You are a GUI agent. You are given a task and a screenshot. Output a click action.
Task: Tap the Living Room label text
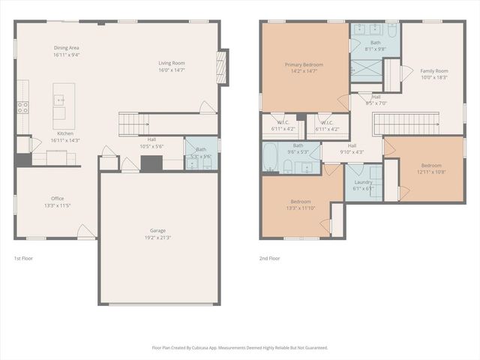pos(171,63)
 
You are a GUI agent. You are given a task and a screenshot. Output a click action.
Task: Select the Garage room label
pos(157,230)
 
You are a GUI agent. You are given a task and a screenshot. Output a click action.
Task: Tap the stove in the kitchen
pos(22,106)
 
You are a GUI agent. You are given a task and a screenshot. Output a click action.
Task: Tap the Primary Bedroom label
pos(304,65)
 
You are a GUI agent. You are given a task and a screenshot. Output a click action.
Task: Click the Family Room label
pos(433,70)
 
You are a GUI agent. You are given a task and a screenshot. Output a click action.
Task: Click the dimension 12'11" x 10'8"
pos(431,172)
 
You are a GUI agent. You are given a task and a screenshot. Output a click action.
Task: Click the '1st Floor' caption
pos(23,258)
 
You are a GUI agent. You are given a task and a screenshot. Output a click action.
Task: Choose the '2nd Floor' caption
pos(269,258)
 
